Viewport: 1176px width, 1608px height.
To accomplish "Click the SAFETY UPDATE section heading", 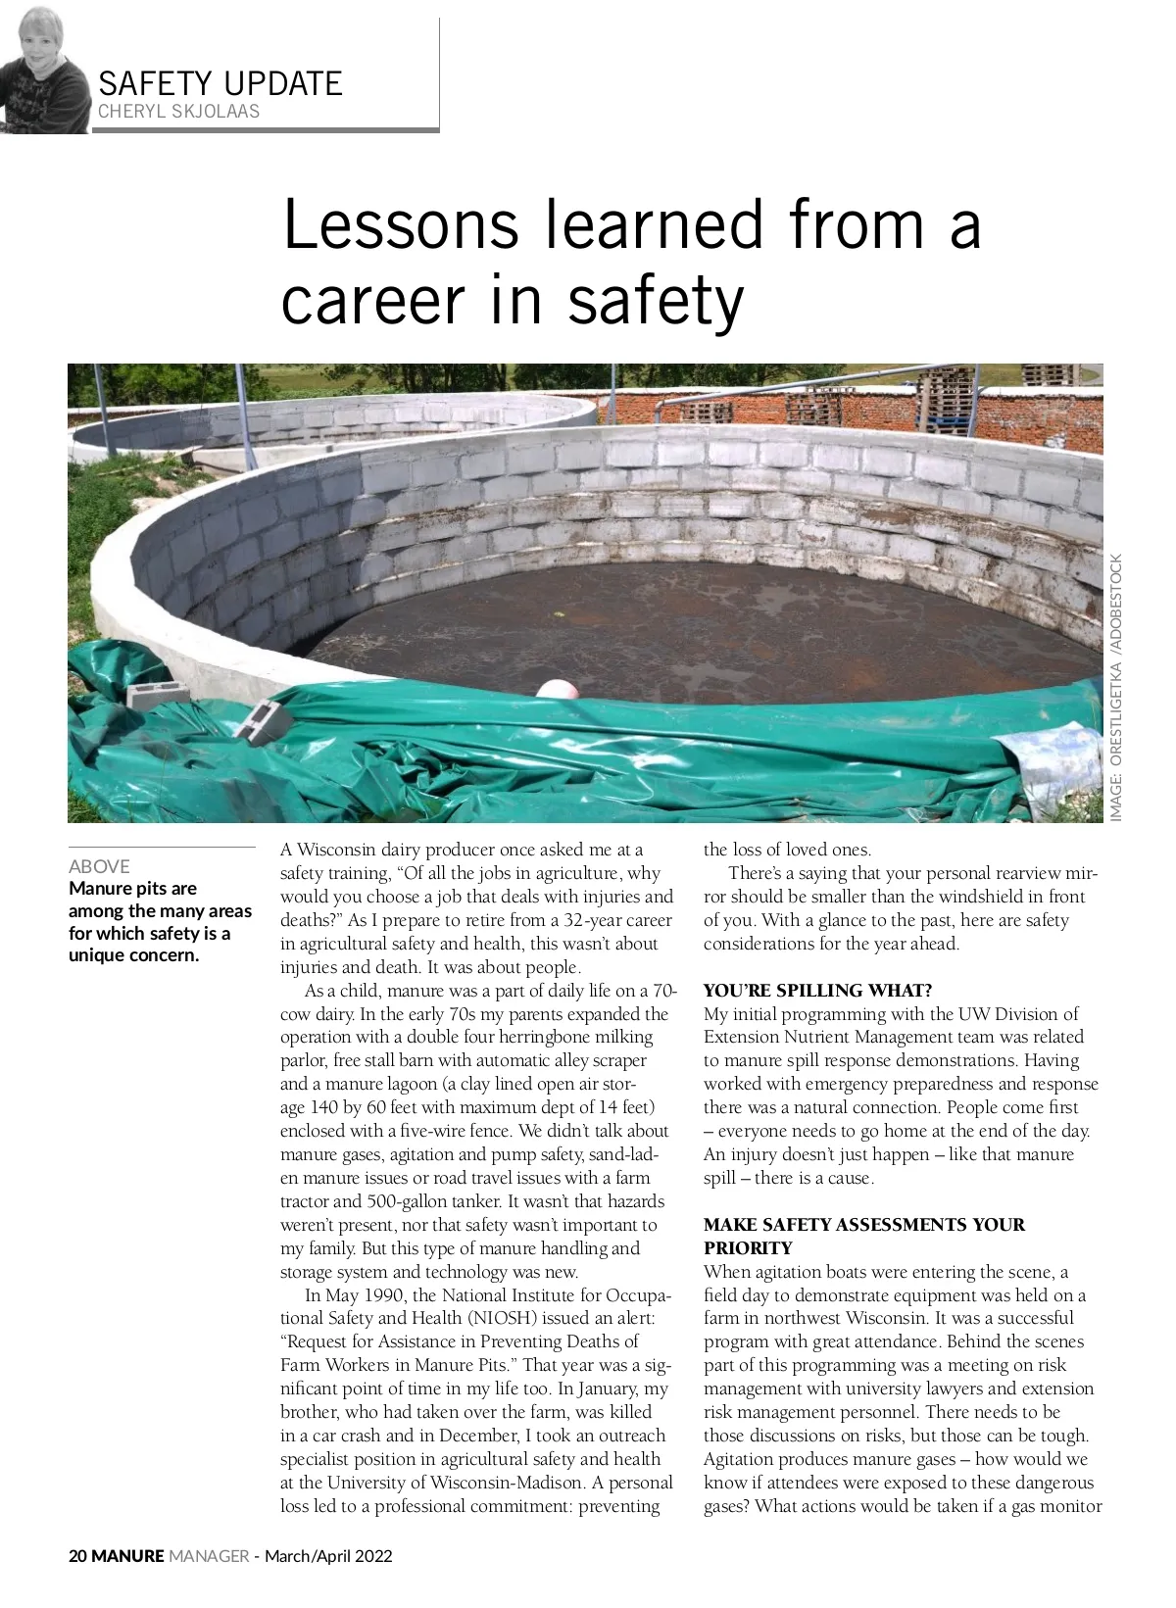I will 220,83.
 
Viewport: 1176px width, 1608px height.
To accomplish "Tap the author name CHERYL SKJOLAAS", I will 179,112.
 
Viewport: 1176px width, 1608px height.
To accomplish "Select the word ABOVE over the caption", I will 99,866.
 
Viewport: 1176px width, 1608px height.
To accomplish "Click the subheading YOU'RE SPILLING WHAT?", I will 817,990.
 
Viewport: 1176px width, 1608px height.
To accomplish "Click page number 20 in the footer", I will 77,1556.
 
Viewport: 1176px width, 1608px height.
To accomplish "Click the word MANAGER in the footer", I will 209,1556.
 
